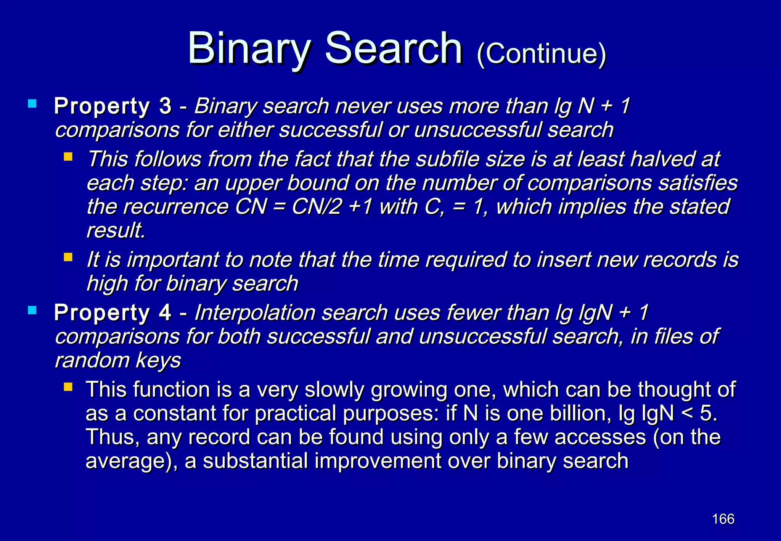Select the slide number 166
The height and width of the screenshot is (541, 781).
(723, 519)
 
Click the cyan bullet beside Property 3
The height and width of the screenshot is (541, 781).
(32, 103)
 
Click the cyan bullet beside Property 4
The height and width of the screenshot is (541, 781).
(32, 310)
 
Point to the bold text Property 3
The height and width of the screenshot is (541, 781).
(112, 106)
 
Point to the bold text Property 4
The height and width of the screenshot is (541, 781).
(112, 312)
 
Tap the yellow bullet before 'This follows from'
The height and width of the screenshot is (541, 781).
(68, 157)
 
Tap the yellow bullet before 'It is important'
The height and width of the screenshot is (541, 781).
(68, 257)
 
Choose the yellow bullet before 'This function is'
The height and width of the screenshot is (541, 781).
(68, 388)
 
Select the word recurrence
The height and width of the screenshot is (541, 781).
(176, 207)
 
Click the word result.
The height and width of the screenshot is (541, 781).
(116, 230)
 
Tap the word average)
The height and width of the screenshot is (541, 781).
(131, 461)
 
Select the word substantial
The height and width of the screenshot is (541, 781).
(255, 460)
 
